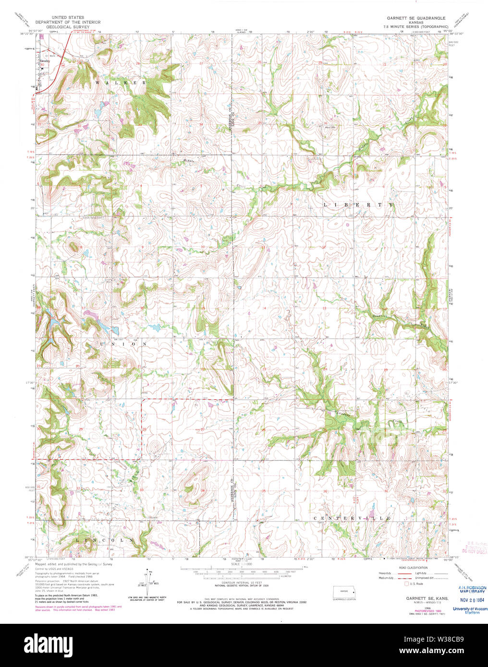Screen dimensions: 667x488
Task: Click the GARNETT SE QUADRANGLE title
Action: click(x=416, y=18)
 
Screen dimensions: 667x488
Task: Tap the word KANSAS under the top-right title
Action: click(x=416, y=22)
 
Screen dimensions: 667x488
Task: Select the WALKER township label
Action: click(x=121, y=83)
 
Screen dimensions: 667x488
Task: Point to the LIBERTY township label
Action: click(x=358, y=205)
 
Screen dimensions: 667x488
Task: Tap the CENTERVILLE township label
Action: click(x=352, y=519)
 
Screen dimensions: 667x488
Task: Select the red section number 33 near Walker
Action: click(x=140, y=125)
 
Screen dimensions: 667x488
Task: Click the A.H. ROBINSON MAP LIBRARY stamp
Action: click(x=469, y=590)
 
